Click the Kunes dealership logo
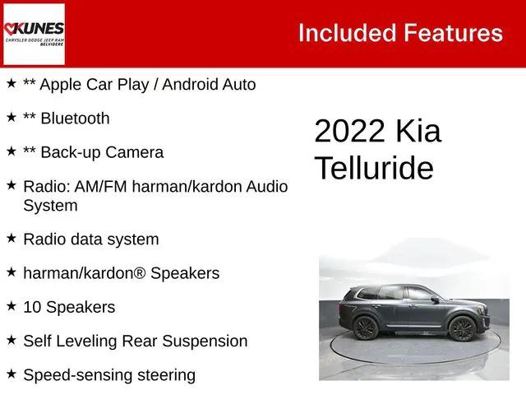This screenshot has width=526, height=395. [x=34, y=34]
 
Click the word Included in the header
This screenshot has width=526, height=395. [x=346, y=33]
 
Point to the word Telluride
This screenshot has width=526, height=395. [x=374, y=168]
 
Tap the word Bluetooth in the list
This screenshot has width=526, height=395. [x=75, y=118]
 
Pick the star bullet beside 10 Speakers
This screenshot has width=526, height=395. [x=11, y=305]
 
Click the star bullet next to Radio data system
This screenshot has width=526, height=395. [x=11, y=238]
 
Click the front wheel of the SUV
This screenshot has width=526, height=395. [x=462, y=329]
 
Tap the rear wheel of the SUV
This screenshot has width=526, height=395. [x=367, y=328]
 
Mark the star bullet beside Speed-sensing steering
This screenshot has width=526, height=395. [x=11, y=374]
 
